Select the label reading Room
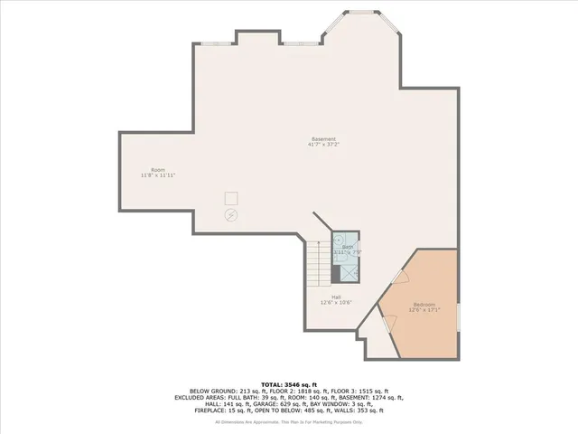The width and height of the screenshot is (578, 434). click(x=157, y=170)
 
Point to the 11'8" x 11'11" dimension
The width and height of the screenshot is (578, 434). click(x=157, y=175)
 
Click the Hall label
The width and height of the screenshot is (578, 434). click(x=336, y=297)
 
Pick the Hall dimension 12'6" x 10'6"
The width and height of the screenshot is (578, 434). click(x=336, y=302)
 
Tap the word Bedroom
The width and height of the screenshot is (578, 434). click(x=424, y=305)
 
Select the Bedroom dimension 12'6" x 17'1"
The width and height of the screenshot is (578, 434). click(x=424, y=310)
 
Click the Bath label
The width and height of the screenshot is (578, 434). click(x=348, y=247)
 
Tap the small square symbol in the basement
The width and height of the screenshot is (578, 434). click(x=232, y=199)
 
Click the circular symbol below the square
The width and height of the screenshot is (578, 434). click(x=231, y=215)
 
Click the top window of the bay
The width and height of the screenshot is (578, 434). click(x=364, y=13)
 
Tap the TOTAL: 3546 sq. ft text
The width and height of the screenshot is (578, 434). click(x=289, y=384)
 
